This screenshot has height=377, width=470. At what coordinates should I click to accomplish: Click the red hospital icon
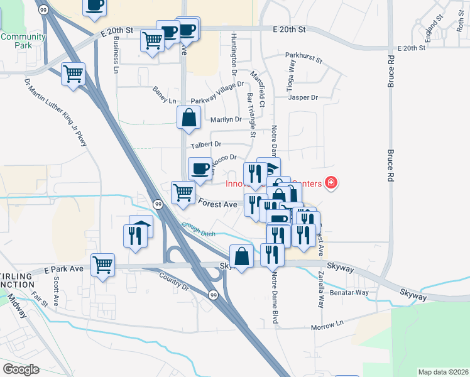tap(331, 183)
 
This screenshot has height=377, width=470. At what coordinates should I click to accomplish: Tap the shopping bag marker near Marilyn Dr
tap(189, 118)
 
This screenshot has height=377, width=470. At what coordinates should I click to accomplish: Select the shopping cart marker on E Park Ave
tap(103, 264)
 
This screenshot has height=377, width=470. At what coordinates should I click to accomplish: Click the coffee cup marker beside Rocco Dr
tap(200, 168)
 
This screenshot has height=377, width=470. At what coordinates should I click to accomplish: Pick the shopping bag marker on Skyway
tap(241, 256)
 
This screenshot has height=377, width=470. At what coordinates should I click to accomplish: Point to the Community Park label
tap(23, 41)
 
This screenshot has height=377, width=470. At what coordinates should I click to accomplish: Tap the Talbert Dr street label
tap(198, 145)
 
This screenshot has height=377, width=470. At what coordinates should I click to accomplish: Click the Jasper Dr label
tap(303, 97)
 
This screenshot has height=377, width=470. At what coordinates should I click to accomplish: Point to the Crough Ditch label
tap(199, 229)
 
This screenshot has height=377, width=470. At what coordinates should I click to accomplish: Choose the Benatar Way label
tap(351, 292)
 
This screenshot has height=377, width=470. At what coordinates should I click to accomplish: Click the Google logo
tap(21, 369)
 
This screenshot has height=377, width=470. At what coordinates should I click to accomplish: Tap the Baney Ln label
tap(164, 96)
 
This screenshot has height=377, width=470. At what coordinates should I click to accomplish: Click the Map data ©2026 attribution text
tap(443, 371)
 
